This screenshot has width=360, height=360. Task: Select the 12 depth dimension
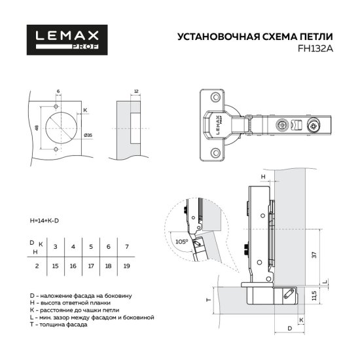[135, 92]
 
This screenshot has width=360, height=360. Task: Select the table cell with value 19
[126, 266]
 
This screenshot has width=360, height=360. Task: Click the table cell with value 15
[56, 266]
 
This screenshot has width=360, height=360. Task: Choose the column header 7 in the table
[126, 246]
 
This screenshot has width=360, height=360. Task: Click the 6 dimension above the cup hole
[58, 92]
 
